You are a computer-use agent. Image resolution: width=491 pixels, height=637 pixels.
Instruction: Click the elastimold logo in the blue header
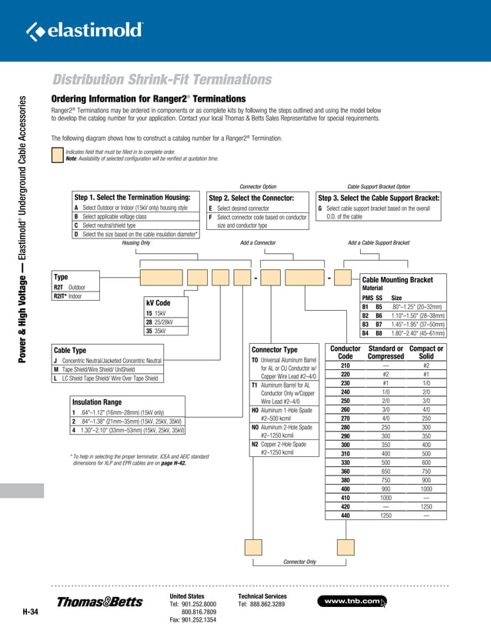[x=85, y=31]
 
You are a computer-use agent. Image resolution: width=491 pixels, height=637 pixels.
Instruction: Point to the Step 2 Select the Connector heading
[x=252, y=198]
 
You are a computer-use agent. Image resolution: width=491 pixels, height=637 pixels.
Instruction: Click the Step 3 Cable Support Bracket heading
[x=379, y=198]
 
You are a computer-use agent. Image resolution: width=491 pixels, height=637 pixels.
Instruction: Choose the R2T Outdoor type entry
[x=70, y=286]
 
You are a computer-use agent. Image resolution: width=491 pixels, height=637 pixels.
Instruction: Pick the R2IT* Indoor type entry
[x=70, y=295]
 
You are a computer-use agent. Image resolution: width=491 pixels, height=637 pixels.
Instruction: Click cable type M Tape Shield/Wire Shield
[x=105, y=369]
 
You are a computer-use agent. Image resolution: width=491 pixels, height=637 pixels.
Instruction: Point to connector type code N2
[x=256, y=444]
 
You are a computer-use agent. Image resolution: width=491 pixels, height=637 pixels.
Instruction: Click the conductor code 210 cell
[x=346, y=365]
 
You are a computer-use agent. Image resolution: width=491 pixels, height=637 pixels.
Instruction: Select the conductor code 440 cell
[x=346, y=516]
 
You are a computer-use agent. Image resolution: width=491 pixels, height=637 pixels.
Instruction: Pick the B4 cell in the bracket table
[x=366, y=333]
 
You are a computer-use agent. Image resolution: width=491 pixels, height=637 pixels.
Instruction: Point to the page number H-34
[x=30, y=612]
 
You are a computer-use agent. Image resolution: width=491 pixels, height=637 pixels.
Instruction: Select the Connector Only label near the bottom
[x=300, y=562]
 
